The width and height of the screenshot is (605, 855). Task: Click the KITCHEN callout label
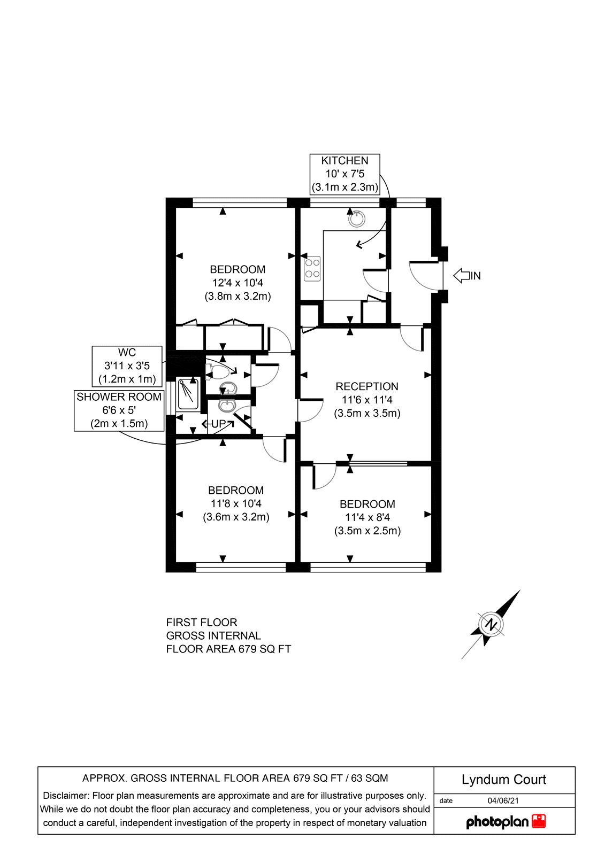pyautogui.click(x=345, y=174)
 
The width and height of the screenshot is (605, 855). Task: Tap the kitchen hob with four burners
pyautogui.click(x=312, y=269)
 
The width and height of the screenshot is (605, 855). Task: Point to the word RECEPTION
pyautogui.click(x=367, y=386)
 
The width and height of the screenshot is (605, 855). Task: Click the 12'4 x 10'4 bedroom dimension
pyautogui.click(x=238, y=283)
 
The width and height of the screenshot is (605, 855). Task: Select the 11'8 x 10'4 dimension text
pyautogui.click(x=236, y=503)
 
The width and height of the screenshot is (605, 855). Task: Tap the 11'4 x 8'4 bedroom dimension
pyautogui.click(x=367, y=517)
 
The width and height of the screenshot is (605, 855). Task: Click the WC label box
pyautogui.click(x=127, y=366)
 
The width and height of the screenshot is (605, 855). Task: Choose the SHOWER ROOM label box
pyautogui.click(x=119, y=410)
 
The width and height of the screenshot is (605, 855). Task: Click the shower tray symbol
pyautogui.click(x=188, y=394)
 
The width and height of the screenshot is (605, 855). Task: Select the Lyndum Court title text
pyautogui.click(x=504, y=780)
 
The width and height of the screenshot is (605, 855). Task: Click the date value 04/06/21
pyautogui.click(x=503, y=800)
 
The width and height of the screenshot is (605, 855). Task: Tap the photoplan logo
pyautogui.click(x=506, y=821)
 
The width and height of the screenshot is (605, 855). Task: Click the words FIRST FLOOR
pyautogui.click(x=202, y=623)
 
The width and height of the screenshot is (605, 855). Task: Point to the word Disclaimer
pyautogui.click(x=66, y=796)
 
